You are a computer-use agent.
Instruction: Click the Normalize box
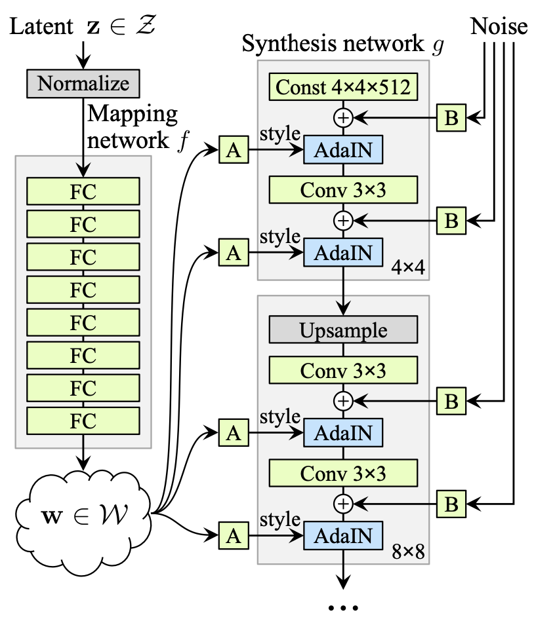[83, 84]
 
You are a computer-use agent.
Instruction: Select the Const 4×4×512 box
[343, 86]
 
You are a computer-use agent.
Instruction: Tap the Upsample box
[343, 329]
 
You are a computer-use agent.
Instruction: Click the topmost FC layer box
[83, 191]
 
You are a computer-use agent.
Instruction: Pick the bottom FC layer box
[83, 421]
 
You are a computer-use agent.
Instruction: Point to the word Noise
[499, 27]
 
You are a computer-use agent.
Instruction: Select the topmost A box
[234, 150]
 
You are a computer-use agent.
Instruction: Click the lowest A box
[234, 535]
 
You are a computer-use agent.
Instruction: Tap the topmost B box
[451, 118]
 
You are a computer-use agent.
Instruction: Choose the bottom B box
[451, 504]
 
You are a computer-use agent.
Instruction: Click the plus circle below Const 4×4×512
[343, 118]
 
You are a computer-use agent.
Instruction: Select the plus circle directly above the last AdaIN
[343, 504]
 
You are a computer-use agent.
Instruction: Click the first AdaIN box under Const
[343, 150]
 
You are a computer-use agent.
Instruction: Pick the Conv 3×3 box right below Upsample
[343, 370]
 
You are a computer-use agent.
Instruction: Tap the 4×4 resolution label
[408, 267]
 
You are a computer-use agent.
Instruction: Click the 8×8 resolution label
[408, 552]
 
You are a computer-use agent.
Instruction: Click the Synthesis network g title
[343, 44]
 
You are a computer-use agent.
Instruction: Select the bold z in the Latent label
[93, 27]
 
